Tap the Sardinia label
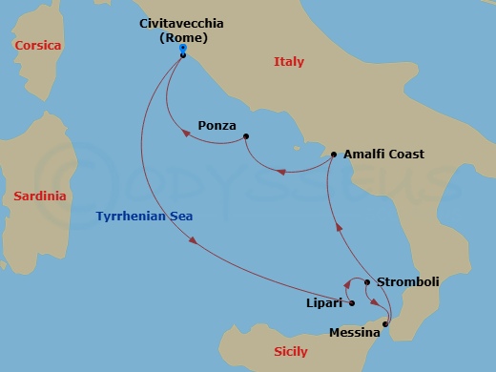click(x=40, y=196)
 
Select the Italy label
click(x=289, y=61)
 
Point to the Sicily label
click(x=290, y=352)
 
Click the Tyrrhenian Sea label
click(x=144, y=217)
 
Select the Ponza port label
click(x=217, y=125)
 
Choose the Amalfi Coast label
click(x=383, y=154)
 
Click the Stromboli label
click(x=407, y=281)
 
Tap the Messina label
click(x=354, y=333)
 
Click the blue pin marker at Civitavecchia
click(x=182, y=54)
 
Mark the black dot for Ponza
click(x=246, y=136)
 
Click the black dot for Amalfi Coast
click(x=333, y=155)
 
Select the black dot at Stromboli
click(x=367, y=282)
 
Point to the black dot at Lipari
click(x=352, y=303)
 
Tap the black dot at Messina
click(x=385, y=325)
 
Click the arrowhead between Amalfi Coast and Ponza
click(x=279, y=173)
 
